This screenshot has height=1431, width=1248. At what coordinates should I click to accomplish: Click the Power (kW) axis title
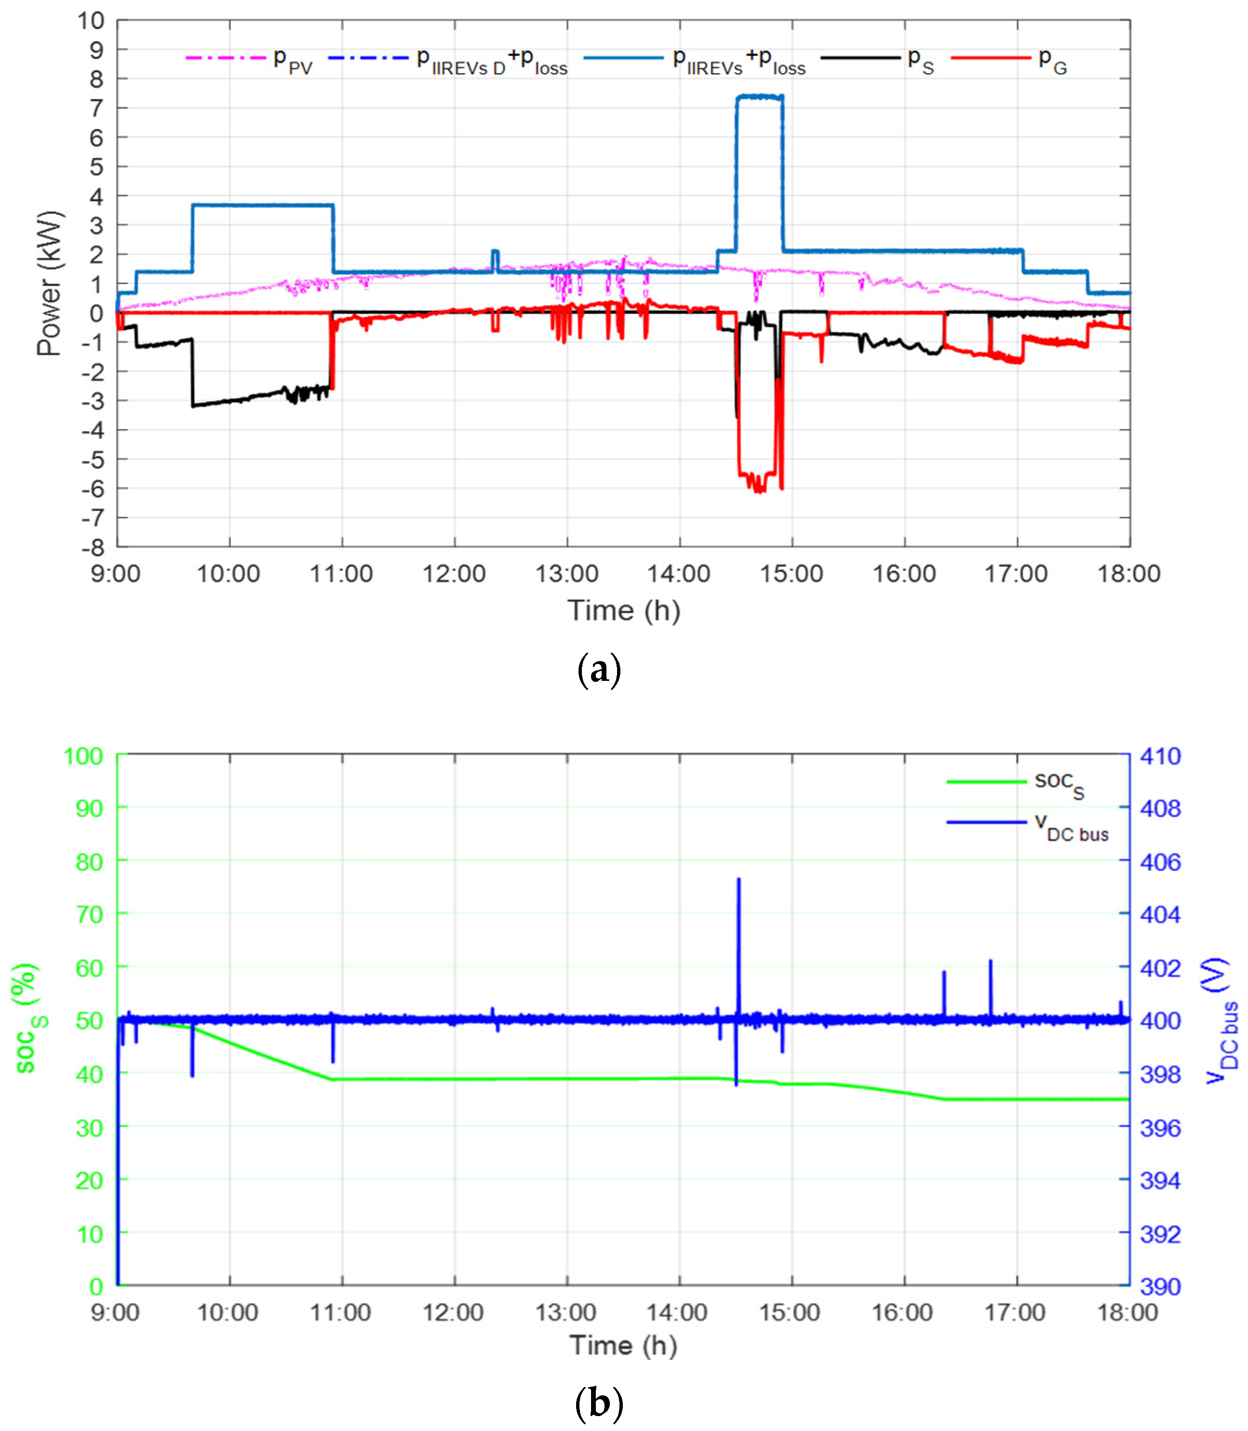coord(50,283)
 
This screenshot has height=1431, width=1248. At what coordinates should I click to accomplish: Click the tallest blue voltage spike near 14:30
coord(739,881)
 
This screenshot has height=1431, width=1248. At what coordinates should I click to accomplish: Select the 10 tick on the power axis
coord(90,21)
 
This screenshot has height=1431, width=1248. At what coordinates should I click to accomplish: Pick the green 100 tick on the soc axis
coord(84,756)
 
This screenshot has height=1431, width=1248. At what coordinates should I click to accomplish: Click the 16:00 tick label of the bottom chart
coord(902,1313)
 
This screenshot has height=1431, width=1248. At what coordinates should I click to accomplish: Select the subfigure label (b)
coord(599,1404)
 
